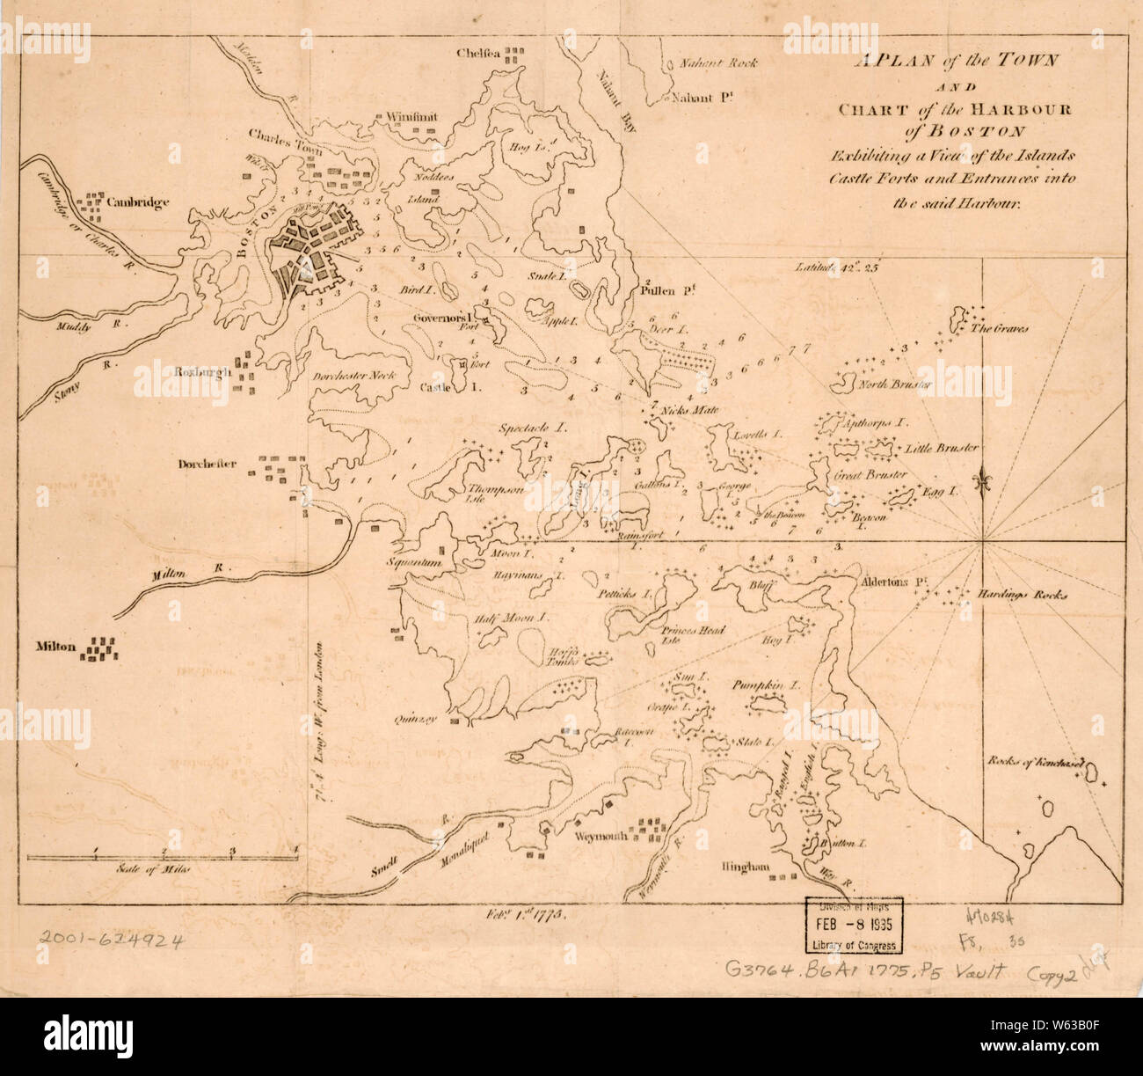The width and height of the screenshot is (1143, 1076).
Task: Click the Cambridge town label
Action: pyautogui.click(x=138, y=202)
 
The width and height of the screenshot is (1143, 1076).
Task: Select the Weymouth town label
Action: pyautogui.click(x=602, y=836)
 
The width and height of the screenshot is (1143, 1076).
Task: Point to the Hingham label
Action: pyautogui.click(x=745, y=867)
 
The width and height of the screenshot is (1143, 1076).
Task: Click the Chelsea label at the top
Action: pyautogui.click(x=478, y=54)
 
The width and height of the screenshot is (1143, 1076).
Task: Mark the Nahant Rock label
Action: pyautogui.click(x=718, y=63)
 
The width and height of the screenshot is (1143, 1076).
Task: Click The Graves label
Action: pyautogui.click(x=999, y=329)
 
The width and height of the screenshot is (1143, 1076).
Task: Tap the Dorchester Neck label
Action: pyautogui.click(x=353, y=375)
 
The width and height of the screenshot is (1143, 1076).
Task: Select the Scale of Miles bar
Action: pyautogui.click(x=164, y=855)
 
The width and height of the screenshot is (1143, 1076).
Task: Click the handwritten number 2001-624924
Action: pyautogui.click(x=111, y=940)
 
